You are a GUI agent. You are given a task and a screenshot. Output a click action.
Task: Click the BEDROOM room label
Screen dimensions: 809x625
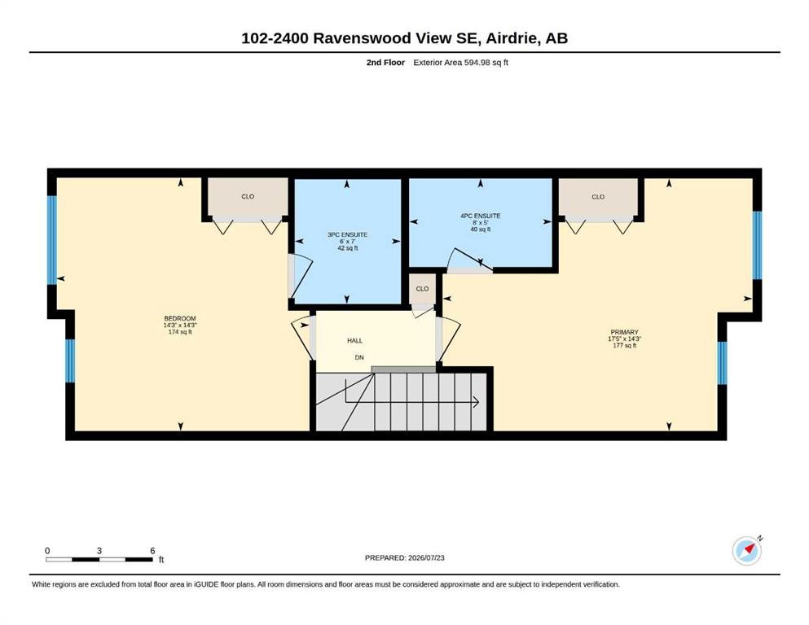[180, 318]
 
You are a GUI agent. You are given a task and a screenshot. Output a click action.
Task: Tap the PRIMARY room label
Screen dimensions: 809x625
[624, 332]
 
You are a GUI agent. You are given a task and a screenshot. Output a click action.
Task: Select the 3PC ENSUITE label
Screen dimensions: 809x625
[347, 234]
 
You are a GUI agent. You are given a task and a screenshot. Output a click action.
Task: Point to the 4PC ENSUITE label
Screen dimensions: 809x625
[481, 216]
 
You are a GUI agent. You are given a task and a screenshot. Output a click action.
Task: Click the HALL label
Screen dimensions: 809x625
[355, 341]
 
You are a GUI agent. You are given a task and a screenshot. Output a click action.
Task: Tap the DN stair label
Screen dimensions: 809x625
[359, 357]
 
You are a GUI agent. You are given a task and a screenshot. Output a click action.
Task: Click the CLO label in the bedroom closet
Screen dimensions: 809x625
[248, 196]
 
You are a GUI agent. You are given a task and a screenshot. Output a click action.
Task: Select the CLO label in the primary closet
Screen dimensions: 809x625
[598, 197]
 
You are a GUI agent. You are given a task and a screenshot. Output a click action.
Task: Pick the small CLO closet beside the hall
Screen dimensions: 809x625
[423, 289]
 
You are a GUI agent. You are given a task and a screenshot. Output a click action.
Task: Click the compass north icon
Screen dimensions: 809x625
[747, 550]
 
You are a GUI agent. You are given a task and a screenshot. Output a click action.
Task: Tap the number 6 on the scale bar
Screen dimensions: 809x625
[152, 551]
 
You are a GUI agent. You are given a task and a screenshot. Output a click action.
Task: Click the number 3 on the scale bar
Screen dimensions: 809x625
[99, 551]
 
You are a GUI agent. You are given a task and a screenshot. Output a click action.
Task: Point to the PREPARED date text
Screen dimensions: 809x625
[404, 557]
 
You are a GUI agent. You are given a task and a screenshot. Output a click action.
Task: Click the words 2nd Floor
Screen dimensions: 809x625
[385, 63]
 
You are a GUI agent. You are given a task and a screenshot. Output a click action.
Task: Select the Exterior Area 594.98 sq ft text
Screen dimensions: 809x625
[461, 63]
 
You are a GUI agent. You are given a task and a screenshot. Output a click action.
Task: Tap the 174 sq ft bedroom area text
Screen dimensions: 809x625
[180, 332]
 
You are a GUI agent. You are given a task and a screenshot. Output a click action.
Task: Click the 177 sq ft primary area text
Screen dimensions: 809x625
[624, 346]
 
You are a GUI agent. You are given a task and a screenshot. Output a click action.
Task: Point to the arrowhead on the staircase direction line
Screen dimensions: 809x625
[477, 402]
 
